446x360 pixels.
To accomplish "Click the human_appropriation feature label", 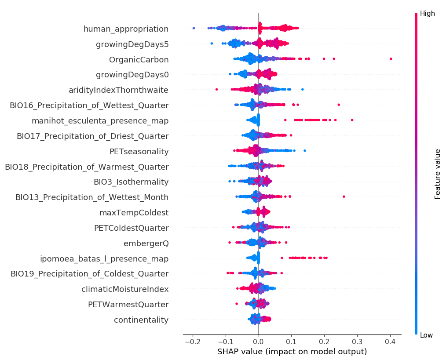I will tap(126, 29).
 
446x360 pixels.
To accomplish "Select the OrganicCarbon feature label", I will tap(139, 59).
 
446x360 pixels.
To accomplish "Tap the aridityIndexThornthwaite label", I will tap(118, 90).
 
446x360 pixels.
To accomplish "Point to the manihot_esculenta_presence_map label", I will tap(100, 120).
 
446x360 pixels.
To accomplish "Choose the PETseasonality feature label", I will tap(139, 151).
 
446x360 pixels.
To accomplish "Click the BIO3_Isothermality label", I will tap(131, 182).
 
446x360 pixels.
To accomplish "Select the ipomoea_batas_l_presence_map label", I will tap(104, 258).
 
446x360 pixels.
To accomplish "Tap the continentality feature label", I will tap(141, 320).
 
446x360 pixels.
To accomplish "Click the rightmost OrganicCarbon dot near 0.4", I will tap(391, 58).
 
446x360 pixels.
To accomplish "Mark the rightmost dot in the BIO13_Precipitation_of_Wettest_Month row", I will tap(344, 196).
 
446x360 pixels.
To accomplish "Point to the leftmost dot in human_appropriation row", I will tap(194, 28).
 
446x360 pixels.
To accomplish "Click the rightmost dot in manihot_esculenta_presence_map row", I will tap(352, 120).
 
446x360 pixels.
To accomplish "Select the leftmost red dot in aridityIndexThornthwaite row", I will tap(216, 89).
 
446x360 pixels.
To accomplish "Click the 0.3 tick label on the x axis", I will tap(357, 342).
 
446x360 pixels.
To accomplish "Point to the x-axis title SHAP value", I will tap(292, 352).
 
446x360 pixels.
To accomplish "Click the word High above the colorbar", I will tap(427, 14).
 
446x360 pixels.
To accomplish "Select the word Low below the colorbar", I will tap(426, 335).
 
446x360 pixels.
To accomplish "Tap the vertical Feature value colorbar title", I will tap(437, 174).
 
